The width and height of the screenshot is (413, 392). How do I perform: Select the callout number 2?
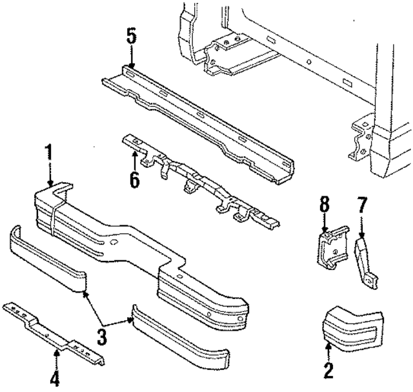click(328, 370)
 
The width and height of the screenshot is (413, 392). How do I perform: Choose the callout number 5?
click(131, 36)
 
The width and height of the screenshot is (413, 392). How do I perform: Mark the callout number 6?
click(134, 180)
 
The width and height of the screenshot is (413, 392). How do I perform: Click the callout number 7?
click(361, 205)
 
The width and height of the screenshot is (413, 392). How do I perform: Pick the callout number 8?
click(324, 205)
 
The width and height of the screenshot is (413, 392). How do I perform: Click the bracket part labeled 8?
click(331, 248)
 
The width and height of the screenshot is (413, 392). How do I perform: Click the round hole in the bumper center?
click(114, 244)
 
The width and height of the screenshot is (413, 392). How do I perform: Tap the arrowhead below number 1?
click(50, 185)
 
